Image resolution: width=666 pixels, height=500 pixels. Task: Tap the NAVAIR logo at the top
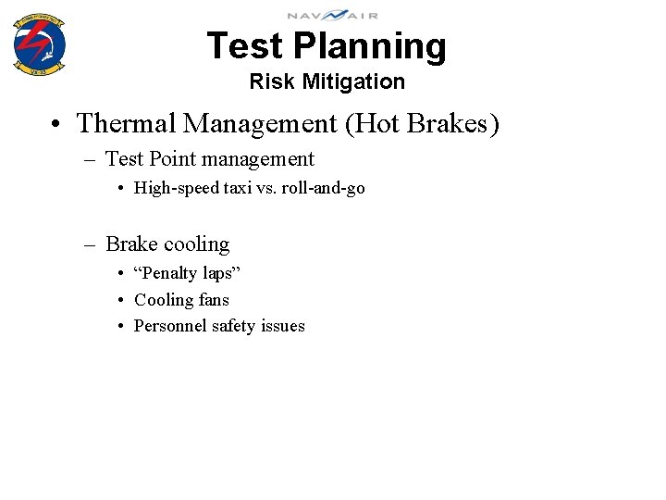[332, 15]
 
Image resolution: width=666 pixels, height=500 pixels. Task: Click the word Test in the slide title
[244, 46]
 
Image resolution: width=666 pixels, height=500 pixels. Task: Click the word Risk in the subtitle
[271, 81]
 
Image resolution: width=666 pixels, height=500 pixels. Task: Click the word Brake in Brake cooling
[130, 244]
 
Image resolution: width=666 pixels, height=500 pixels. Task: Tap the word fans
[213, 300]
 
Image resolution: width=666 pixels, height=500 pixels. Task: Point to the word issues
[284, 326]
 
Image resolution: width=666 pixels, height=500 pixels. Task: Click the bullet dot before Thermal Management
[57, 123]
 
